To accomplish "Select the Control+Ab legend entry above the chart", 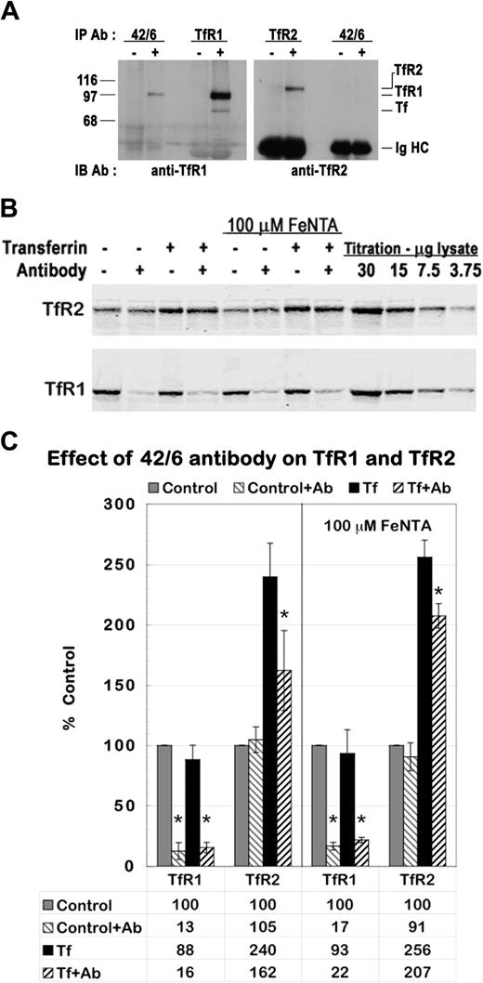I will (x=262, y=488).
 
